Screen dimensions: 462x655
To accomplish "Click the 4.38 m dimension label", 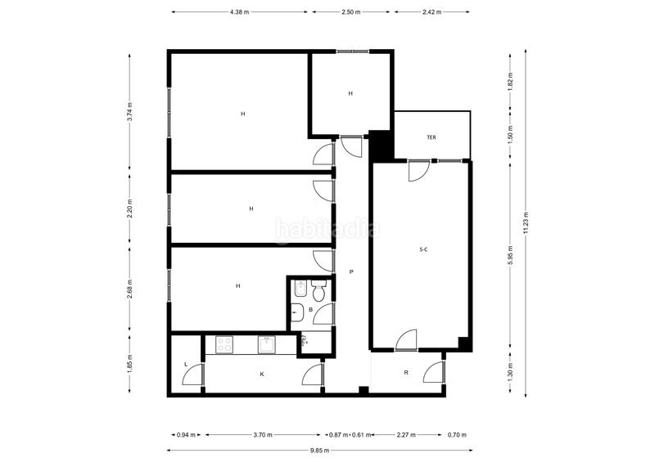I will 239,12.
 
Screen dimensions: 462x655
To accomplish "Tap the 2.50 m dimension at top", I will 350,12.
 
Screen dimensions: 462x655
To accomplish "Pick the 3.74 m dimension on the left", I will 129,111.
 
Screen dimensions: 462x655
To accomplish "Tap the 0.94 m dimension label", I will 186,434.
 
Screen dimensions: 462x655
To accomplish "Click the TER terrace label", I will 431,137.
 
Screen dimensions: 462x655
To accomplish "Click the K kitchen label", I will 262,374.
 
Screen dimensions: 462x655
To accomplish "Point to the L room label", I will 186,364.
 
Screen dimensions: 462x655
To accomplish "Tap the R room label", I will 406,373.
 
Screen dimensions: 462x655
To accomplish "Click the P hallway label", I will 351,271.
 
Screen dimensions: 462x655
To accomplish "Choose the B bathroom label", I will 310,310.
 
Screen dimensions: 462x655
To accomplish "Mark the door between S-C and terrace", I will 418,169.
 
